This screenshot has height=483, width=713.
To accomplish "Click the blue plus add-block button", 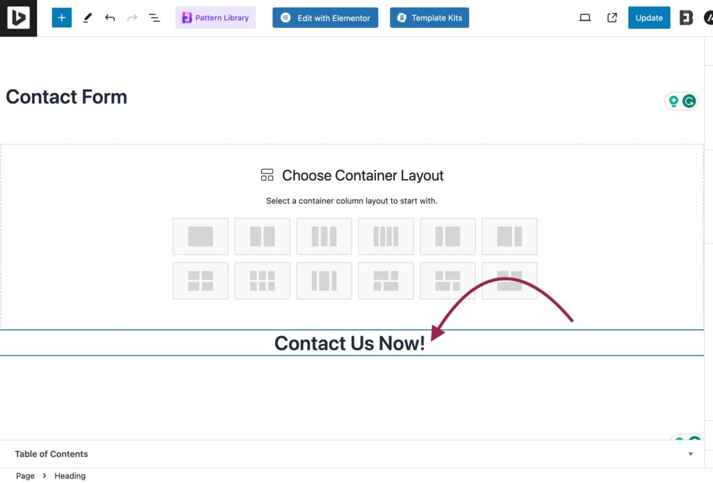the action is pos(61,17).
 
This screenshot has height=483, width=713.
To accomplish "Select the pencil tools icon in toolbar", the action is pos(87,17).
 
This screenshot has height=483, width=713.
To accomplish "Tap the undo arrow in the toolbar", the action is pos(109,17).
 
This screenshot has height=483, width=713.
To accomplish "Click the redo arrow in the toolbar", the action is pos(132,17).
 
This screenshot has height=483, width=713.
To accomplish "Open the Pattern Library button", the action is pos(216,17).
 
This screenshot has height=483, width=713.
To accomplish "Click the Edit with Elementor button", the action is pos(325,17).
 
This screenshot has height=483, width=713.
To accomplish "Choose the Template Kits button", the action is pos(429,17).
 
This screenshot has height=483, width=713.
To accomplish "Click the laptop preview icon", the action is pos(585,17).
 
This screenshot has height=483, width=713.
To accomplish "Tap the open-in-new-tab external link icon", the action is pos(612,17).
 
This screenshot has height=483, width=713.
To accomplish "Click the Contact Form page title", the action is pos(66,97).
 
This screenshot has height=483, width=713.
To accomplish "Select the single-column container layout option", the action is pos(201,236).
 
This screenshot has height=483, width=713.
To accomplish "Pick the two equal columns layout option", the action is pos(263,236).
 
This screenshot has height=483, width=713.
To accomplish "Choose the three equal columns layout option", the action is pos(324,236).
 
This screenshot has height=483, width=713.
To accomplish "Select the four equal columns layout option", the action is pos(386,236).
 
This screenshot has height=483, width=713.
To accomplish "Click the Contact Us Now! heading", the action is pos(350,343).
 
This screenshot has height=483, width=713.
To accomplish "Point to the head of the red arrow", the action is pos(432,340).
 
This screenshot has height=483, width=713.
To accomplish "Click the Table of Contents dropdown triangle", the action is pos(690,454).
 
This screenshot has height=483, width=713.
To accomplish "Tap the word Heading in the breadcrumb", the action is pos(70,476).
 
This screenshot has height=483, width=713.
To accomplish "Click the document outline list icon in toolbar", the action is pos(155,17).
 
